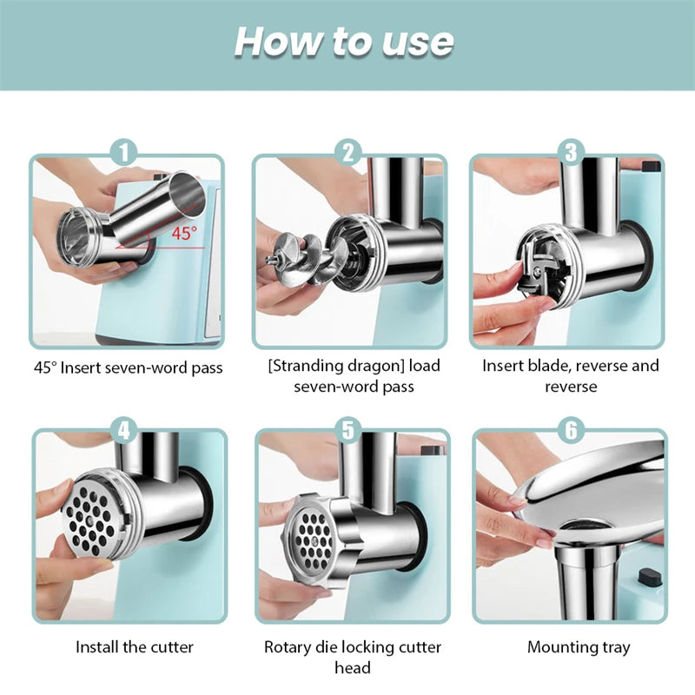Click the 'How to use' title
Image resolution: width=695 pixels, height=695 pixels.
[x=344, y=43]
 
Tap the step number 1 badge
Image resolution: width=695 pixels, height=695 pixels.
[x=128, y=153]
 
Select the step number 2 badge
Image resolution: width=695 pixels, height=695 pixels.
[x=349, y=153]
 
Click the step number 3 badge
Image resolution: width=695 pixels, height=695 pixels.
[x=570, y=153]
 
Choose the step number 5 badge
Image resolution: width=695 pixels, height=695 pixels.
[x=349, y=428]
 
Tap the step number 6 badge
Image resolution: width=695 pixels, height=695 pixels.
[x=570, y=428]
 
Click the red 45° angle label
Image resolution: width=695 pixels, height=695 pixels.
[x=183, y=234]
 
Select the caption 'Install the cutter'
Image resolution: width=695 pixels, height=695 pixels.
[x=135, y=647]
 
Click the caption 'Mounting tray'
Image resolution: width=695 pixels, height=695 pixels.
[x=579, y=647]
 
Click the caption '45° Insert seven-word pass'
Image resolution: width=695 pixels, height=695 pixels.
[x=129, y=367]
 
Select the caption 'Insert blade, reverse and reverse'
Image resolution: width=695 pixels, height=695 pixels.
[x=571, y=375]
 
